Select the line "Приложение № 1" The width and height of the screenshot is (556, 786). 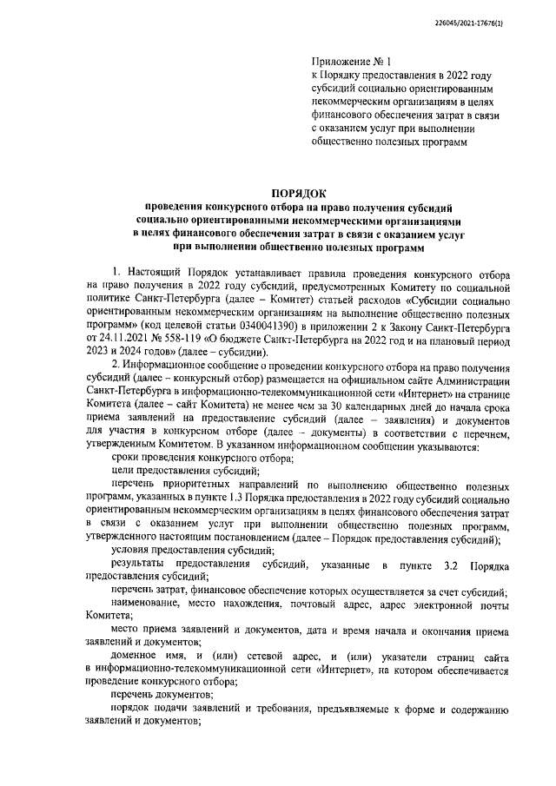click(x=352, y=63)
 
